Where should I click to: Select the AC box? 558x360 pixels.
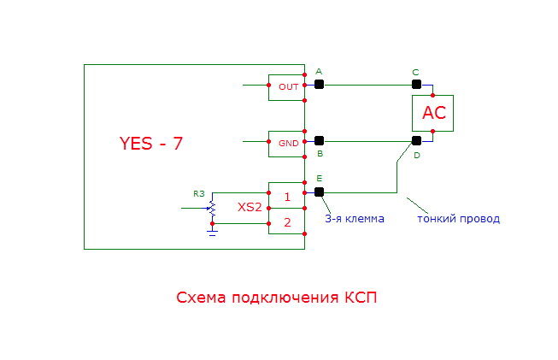coord(432,113)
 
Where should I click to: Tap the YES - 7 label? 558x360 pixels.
coord(150,143)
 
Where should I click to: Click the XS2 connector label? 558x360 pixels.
coord(250,208)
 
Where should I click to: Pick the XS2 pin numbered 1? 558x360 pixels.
coord(287,196)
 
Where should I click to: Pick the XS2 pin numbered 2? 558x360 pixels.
coord(287,222)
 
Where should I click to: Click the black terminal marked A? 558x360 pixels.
coord(319,84)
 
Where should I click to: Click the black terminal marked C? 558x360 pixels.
coord(416,84)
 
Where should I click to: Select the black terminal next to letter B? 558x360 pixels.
coord(319,140)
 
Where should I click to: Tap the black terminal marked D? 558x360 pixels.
coord(416,140)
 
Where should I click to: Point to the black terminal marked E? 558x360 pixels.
coord(319,192)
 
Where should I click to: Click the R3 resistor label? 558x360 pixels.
coord(199,194)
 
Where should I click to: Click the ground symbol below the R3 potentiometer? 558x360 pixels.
coord(212,230)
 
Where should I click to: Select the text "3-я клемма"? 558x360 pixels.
coord(354,218)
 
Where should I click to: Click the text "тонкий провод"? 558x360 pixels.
coord(458,218)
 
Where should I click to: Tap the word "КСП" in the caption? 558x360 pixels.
coord(359,298)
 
